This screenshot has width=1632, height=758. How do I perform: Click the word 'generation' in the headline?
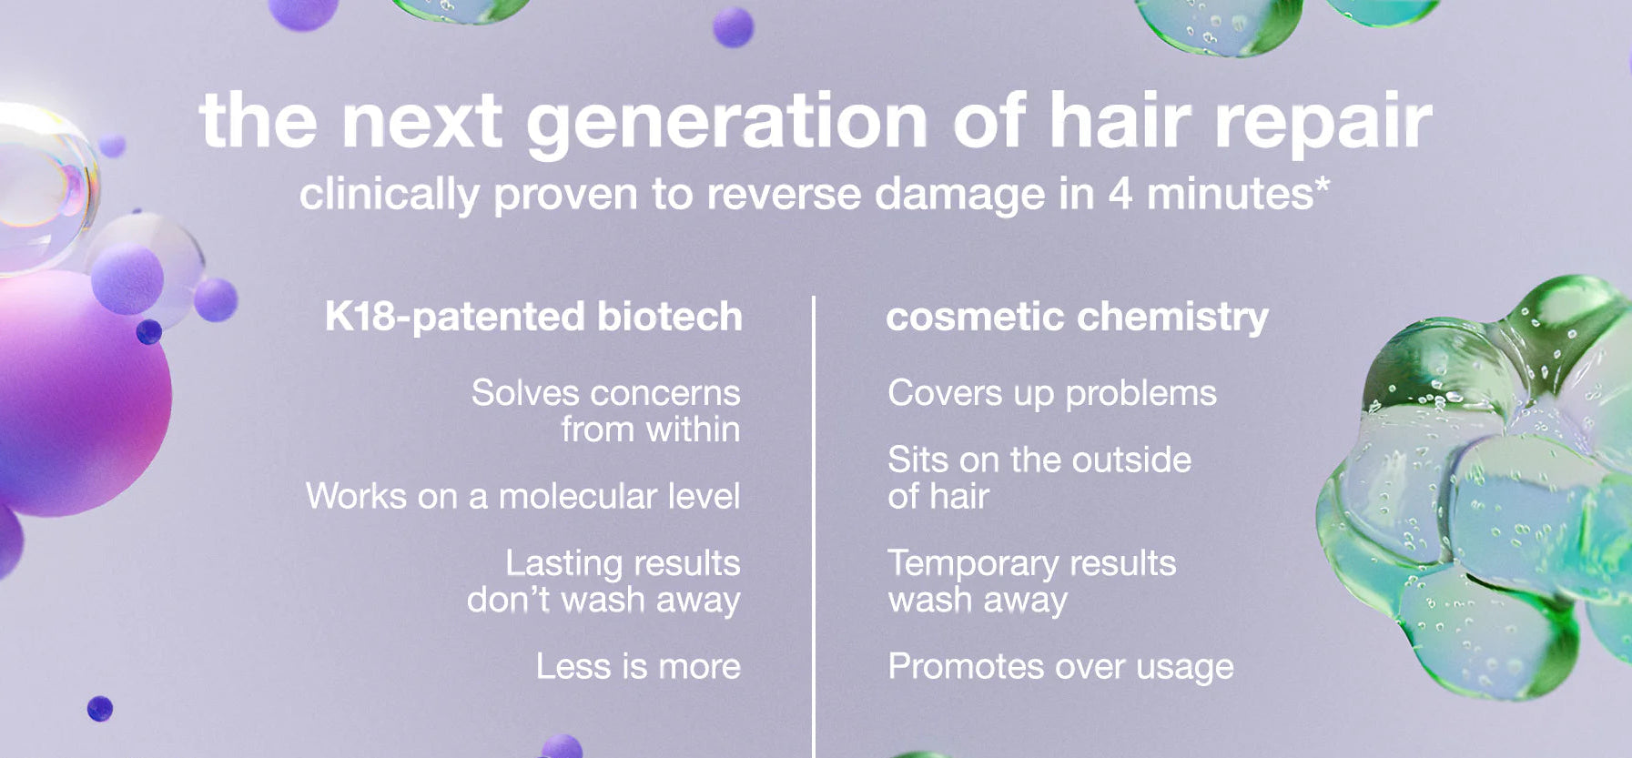726,123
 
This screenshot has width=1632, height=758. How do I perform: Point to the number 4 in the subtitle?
1120,193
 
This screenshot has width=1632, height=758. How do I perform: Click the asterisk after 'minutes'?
1322,186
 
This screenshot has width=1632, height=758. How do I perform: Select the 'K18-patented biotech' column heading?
533,317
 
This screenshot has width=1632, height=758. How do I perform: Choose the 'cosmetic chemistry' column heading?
1077,317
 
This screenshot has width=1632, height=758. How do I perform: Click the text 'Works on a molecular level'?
523,496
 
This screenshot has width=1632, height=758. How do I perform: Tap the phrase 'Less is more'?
638,666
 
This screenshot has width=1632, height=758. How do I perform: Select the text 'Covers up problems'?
1052,393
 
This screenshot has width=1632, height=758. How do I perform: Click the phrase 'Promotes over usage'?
1061,666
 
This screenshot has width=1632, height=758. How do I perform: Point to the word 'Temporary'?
973,564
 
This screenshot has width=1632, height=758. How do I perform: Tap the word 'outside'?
1131,460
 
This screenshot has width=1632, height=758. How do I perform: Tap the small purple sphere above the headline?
733,26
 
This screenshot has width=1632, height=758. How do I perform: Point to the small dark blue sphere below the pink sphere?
100,708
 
